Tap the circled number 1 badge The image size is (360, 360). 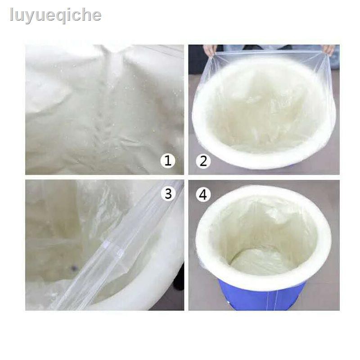(x=168, y=160)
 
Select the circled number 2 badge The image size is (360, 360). (x=203, y=160)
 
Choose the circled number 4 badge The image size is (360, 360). (x=203, y=194)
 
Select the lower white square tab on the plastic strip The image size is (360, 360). (x=120, y=254)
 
